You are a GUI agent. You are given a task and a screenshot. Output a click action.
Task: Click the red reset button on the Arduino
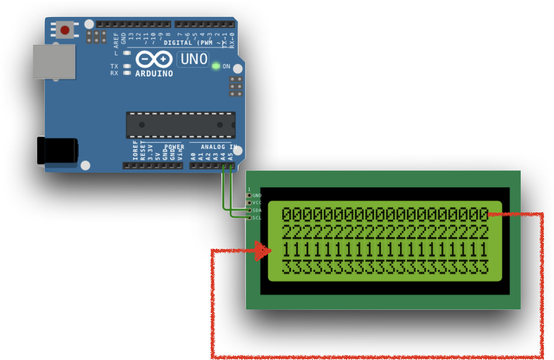[x=65, y=30]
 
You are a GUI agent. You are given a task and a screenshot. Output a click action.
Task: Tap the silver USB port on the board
[x=54, y=61]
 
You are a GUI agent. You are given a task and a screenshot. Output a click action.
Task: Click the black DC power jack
[x=57, y=151]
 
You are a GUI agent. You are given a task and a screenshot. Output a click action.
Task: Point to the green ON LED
[x=216, y=66]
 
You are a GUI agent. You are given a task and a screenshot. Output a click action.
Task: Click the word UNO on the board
[x=193, y=59]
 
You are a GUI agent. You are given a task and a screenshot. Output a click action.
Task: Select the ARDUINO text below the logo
[x=154, y=74]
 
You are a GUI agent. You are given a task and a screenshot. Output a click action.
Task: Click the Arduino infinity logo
[x=154, y=59]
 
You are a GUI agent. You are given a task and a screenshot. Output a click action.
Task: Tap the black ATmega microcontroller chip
[x=181, y=125]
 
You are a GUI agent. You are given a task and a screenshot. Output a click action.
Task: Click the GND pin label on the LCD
[x=257, y=196]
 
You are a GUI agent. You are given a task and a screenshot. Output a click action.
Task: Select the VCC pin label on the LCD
[x=257, y=203]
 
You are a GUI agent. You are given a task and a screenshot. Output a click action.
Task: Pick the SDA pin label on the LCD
[x=257, y=211]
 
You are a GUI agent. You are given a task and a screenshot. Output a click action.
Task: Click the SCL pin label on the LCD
[x=257, y=218]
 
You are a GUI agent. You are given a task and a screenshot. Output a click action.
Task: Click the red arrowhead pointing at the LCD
[x=263, y=251]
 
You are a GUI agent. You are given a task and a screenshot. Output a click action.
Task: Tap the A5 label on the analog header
[x=231, y=156]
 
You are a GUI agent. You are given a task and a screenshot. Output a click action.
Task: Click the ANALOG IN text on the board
[x=218, y=147]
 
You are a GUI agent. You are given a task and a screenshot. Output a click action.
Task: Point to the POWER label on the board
[x=174, y=147]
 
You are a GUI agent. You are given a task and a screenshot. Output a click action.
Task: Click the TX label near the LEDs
[x=114, y=66]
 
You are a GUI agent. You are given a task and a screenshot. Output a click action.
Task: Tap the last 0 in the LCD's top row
[x=484, y=215]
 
